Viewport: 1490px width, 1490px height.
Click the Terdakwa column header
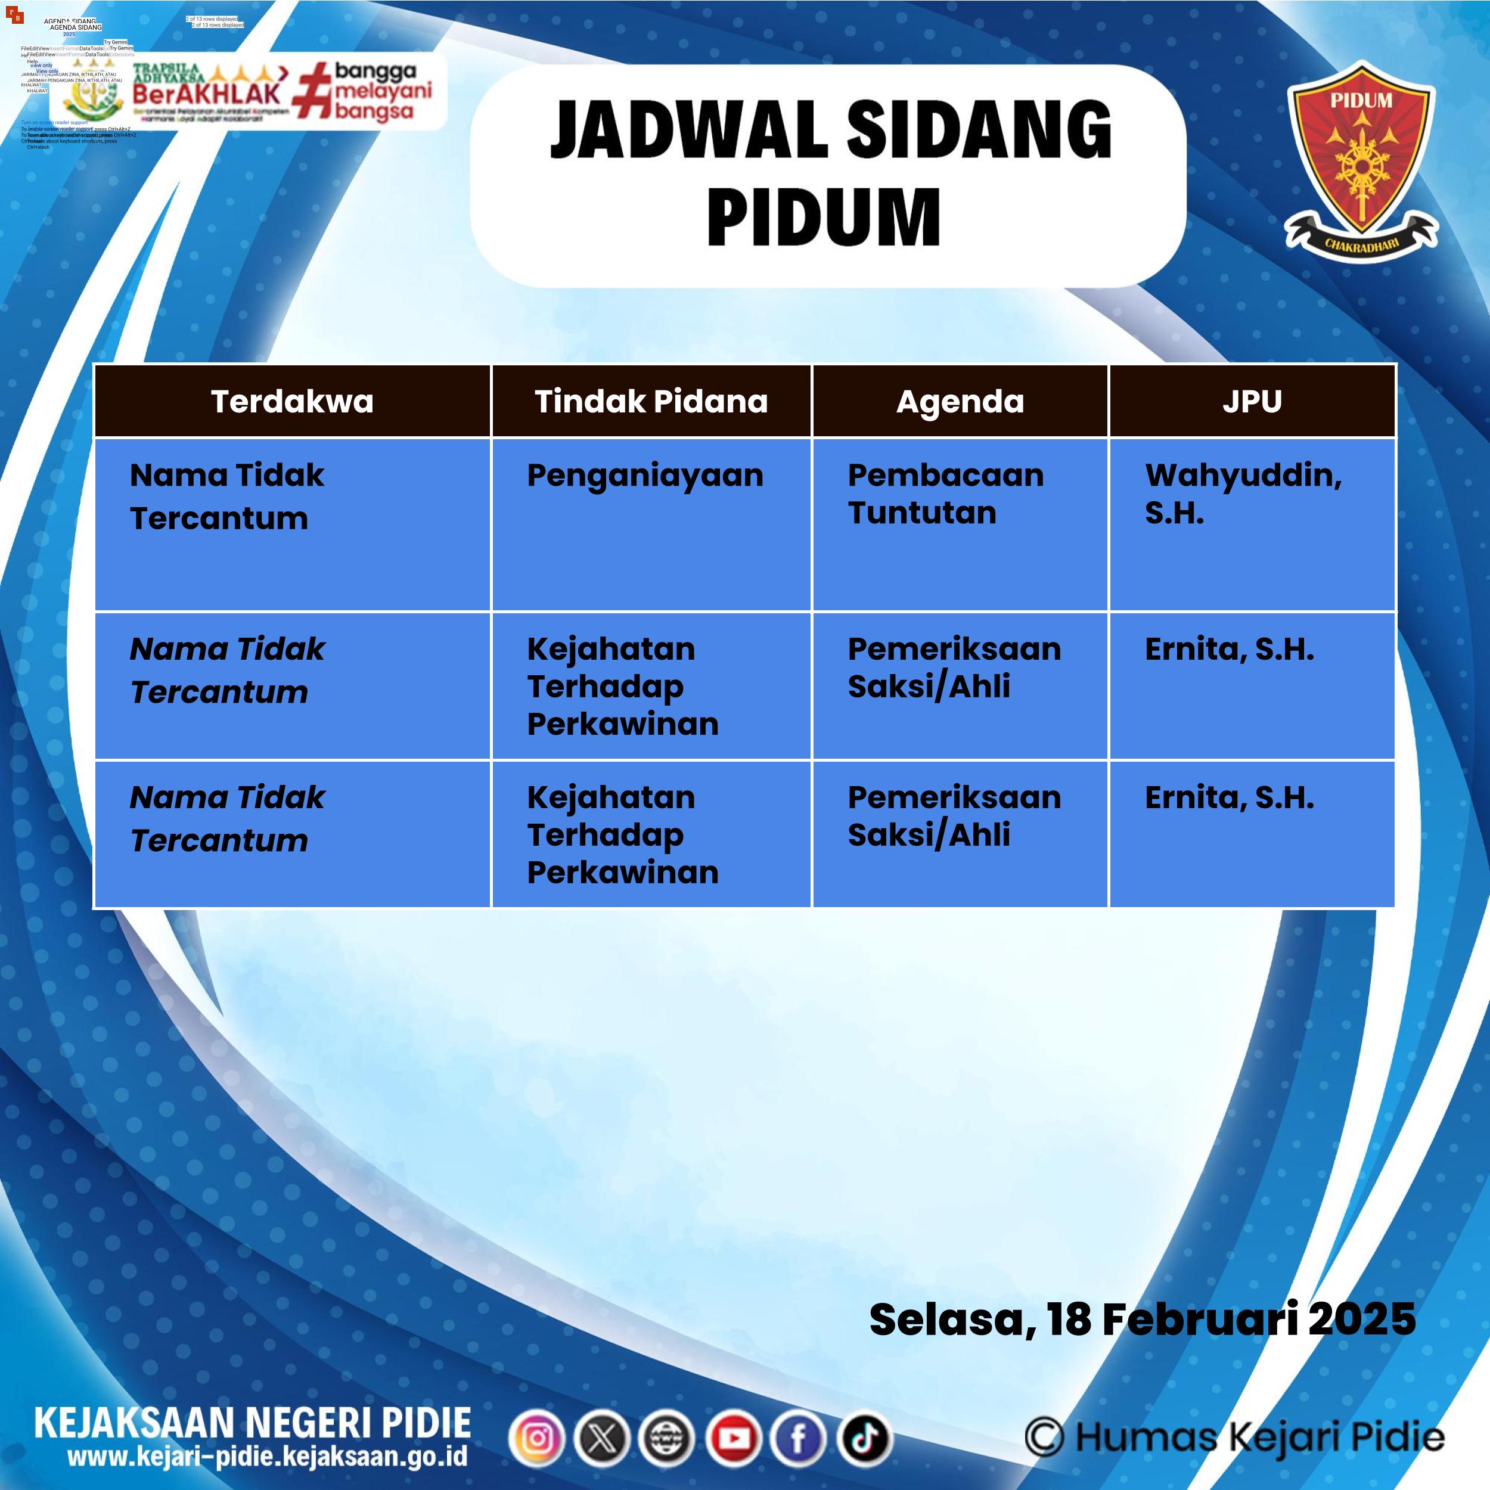point(291,401)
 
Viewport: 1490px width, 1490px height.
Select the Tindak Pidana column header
point(651,401)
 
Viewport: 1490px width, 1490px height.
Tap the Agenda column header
point(960,401)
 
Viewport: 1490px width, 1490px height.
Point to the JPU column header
point(1252,401)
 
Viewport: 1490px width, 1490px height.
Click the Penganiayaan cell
point(645,476)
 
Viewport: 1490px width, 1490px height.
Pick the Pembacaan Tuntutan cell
point(945,493)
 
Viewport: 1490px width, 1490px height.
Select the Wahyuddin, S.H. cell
point(1243,493)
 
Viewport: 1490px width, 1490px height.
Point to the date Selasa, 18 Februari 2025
point(1142,1319)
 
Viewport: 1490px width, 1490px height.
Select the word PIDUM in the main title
point(824,217)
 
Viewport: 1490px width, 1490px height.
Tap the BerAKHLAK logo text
point(207,94)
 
